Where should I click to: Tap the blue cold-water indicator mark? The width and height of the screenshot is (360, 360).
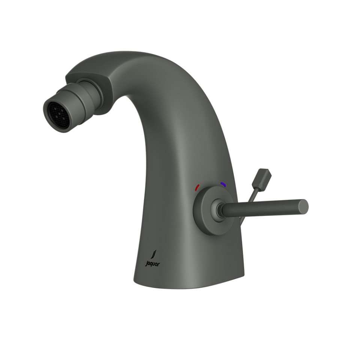point(223,184)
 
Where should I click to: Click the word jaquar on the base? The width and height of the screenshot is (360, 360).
point(152,264)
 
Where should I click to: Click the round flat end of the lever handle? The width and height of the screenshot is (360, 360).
point(304,207)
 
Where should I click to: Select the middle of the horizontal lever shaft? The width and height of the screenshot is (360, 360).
point(262,208)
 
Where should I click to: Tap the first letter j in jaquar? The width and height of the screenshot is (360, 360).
point(147,264)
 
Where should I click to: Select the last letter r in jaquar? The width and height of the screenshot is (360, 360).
point(159,264)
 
